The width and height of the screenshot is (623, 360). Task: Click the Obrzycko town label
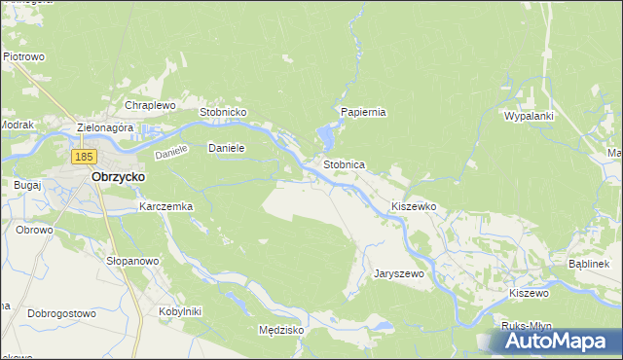tap(118, 178)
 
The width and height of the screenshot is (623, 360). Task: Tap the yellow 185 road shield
tap(84, 156)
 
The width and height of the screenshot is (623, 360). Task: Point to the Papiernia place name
tap(363, 112)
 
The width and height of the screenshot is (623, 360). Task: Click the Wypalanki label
tap(529, 116)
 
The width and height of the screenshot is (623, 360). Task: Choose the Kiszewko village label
tap(413, 207)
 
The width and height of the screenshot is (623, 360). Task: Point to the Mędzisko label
tap(281, 330)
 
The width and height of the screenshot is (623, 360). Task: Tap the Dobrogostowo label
tap(61, 313)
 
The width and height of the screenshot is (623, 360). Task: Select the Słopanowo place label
tap(132, 262)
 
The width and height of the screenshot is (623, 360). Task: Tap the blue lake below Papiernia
tap(323, 137)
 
